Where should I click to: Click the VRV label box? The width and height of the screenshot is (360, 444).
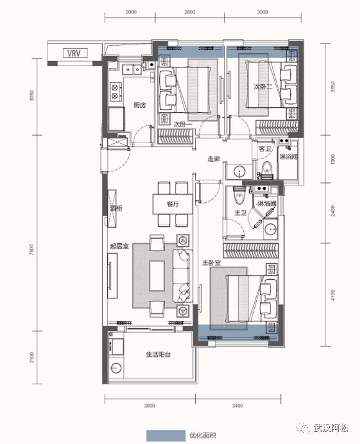pyautogui.click(x=75, y=53)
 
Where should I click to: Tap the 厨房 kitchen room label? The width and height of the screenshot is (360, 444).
pyautogui.click(x=140, y=105)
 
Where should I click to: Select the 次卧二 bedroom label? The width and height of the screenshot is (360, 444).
pyautogui.click(x=262, y=87)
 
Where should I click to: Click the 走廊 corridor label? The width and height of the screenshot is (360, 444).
pyautogui.click(x=214, y=159)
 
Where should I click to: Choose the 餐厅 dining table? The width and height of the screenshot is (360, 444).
pyautogui.click(x=173, y=204)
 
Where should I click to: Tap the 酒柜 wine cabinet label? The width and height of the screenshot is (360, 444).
pyautogui.click(x=116, y=208)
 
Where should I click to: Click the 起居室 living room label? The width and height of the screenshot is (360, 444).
pyautogui.click(x=120, y=246)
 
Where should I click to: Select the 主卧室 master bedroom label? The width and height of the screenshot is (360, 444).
pyautogui.click(x=211, y=263)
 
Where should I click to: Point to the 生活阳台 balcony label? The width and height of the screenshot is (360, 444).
pyautogui.click(x=158, y=354)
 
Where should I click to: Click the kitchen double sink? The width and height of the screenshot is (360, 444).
pyautogui.click(x=132, y=69)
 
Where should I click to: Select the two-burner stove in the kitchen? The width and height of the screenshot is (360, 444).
pyautogui.click(x=116, y=91)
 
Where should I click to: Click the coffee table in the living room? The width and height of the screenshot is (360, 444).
pyautogui.click(x=157, y=276)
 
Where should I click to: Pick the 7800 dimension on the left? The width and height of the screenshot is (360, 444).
pyautogui.click(x=31, y=250)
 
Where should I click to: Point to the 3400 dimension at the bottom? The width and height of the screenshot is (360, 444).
pyautogui.click(x=238, y=406)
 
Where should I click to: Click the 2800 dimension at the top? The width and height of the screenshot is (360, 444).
pyautogui.click(x=190, y=12)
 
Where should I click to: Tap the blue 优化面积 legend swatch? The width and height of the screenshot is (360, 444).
pyautogui.click(x=166, y=435)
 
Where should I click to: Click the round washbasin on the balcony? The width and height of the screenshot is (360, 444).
pyautogui.click(x=116, y=368)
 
